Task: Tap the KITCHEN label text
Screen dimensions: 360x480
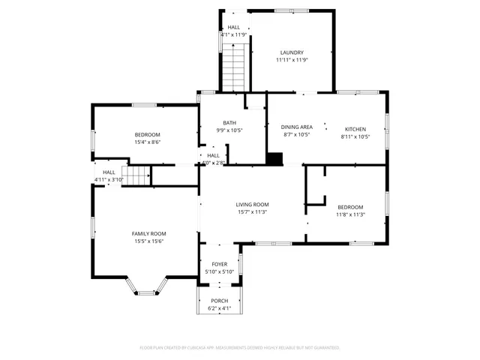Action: (355, 128)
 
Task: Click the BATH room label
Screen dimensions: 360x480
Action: (229, 123)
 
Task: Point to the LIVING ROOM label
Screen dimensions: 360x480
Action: (252, 205)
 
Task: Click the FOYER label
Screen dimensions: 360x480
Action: (219, 265)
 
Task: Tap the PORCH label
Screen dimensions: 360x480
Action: (219, 301)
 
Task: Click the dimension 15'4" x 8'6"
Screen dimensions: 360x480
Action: (148, 142)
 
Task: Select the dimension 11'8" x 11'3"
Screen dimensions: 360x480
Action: (350, 214)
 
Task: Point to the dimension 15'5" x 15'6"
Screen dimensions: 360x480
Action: (148, 241)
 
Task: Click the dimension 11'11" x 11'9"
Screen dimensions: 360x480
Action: (292, 60)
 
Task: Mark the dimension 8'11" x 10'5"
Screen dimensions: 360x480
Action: (355, 136)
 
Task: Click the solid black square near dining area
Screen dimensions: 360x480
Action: (276, 158)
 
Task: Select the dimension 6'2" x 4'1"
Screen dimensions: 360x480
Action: (219, 308)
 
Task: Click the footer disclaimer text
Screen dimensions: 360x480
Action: (240, 348)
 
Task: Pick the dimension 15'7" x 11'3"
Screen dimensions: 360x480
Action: (252, 212)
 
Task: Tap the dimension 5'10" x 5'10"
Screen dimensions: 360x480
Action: (219, 272)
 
